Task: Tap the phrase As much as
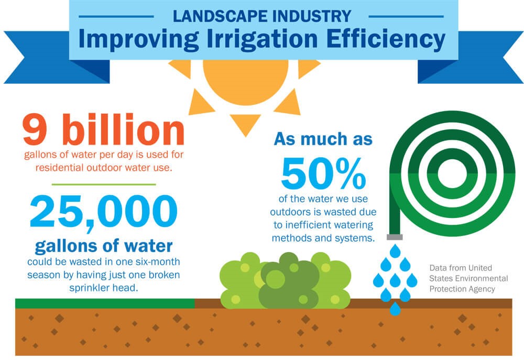(323, 139)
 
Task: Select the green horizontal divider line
(104, 184)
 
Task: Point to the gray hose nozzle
(395, 237)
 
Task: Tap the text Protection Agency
(461, 288)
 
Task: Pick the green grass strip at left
(105, 303)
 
